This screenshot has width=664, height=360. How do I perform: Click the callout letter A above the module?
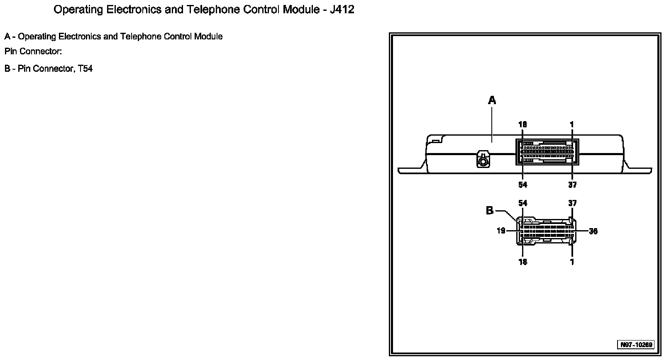pyautogui.click(x=492, y=100)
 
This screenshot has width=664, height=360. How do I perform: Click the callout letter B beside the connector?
pyautogui.click(x=490, y=211)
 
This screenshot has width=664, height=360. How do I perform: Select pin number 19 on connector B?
pyautogui.click(x=501, y=231)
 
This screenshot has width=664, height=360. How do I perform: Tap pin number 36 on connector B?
pyautogui.click(x=593, y=231)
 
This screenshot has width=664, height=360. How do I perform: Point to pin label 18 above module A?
pyautogui.click(x=522, y=124)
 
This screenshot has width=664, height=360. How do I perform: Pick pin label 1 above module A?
pyautogui.click(x=572, y=124)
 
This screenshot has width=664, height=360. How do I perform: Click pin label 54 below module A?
pyautogui.click(x=522, y=185)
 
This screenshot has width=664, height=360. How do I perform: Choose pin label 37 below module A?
pyautogui.click(x=572, y=185)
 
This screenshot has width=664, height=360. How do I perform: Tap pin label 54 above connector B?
pyautogui.click(x=522, y=203)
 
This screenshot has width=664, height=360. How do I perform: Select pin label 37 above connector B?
pyautogui.click(x=572, y=203)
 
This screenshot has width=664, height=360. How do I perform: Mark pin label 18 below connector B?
pyautogui.click(x=522, y=262)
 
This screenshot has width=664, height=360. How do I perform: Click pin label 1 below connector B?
pyautogui.click(x=572, y=262)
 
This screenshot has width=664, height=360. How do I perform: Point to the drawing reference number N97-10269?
pyautogui.click(x=636, y=345)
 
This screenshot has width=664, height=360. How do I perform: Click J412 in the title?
pyautogui.click(x=342, y=10)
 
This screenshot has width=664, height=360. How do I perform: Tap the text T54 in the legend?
pyautogui.click(x=85, y=69)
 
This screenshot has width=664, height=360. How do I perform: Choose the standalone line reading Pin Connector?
pyautogui.click(x=33, y=52)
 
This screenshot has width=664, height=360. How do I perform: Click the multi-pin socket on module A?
pyautogui.click(x=547, y=152)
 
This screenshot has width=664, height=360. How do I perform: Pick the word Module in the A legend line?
pyautogui.click(x=210, y=36)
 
